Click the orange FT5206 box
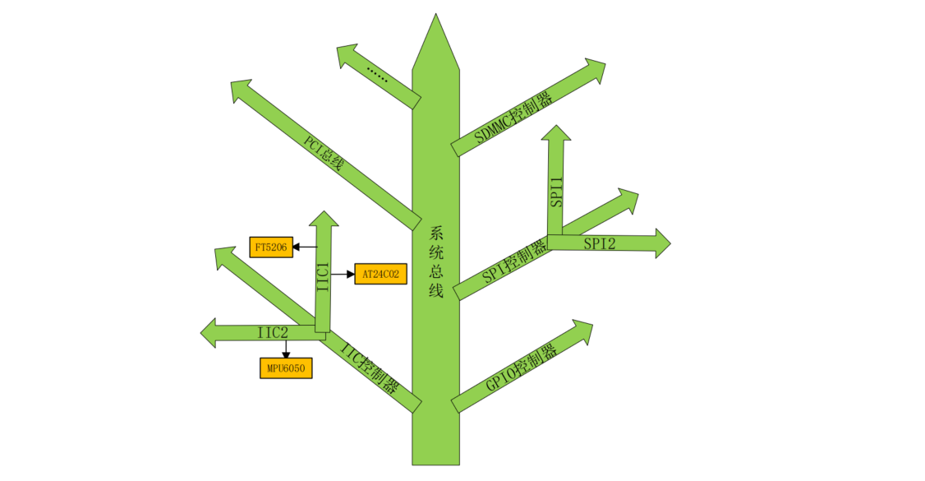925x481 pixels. click(x=271, y=247)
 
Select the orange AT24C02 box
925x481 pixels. click(x=380, y=274)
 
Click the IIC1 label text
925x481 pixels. click(x=324, y=277)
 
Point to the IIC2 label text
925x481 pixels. click(x=273, y=332)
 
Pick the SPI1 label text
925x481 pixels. click(x=557, y=191)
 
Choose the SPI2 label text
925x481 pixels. click(x=600, y=243)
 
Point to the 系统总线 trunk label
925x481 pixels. click(x=436, y=261)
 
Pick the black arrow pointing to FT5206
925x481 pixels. click(x=305, y=247)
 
